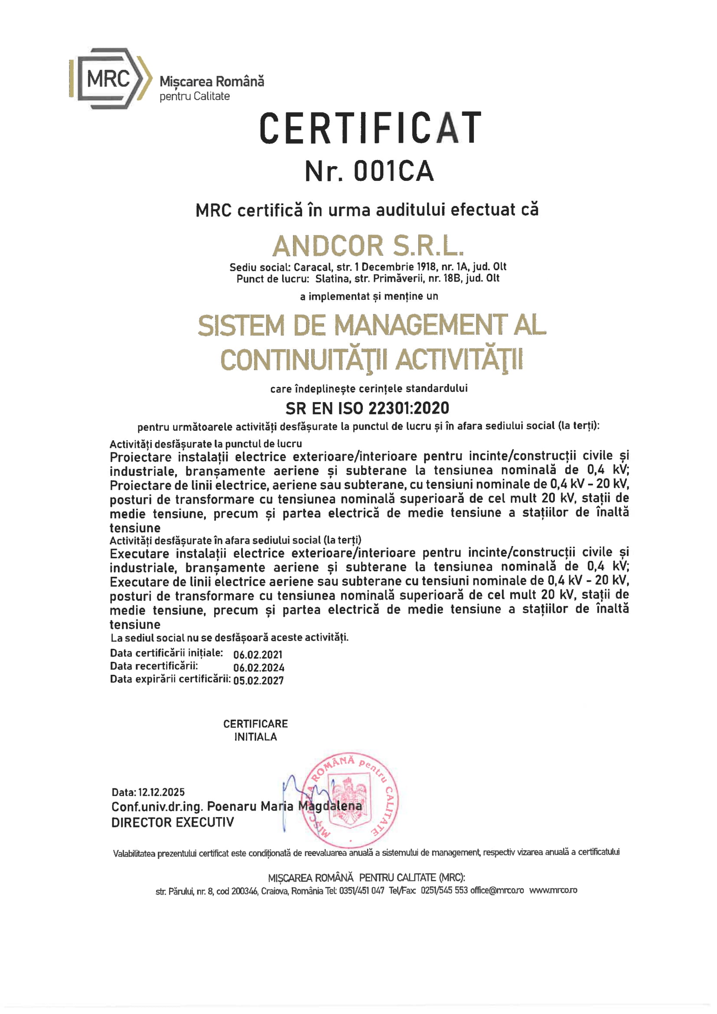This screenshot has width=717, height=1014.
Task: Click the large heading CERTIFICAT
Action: [370, 128]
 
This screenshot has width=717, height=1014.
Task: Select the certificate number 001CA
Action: [393, 171]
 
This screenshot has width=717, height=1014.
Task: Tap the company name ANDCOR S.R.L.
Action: [368, 246]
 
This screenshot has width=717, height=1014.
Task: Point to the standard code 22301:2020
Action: [408, 408]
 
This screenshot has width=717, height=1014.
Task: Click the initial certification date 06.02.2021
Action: [258, 655]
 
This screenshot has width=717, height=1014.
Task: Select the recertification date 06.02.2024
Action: [259, 668]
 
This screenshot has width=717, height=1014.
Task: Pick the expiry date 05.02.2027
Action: [258, 680]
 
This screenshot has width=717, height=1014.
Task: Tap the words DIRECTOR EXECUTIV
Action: [173, 822]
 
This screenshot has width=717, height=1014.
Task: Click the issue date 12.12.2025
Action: [161, 792]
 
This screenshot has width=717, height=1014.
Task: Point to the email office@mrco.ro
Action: [497, 890]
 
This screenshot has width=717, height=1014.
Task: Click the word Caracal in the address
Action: [312, 267]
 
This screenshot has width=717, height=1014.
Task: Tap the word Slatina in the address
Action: [330, 278]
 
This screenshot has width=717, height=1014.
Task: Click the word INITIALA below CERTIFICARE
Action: [255, 737]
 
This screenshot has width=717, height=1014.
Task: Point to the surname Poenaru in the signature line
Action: [232, 806]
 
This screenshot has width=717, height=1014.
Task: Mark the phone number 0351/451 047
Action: [362, 891]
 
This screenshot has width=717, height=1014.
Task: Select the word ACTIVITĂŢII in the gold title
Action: [459, 360]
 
